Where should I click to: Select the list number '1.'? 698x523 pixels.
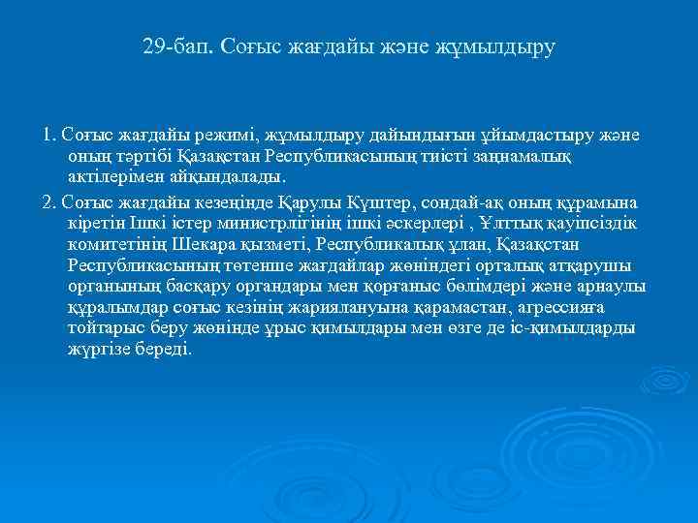(x=49, y=135)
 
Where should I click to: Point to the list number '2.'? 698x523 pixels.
(x=49, y=200)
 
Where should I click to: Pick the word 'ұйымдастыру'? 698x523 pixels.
(x=546, y=135)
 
